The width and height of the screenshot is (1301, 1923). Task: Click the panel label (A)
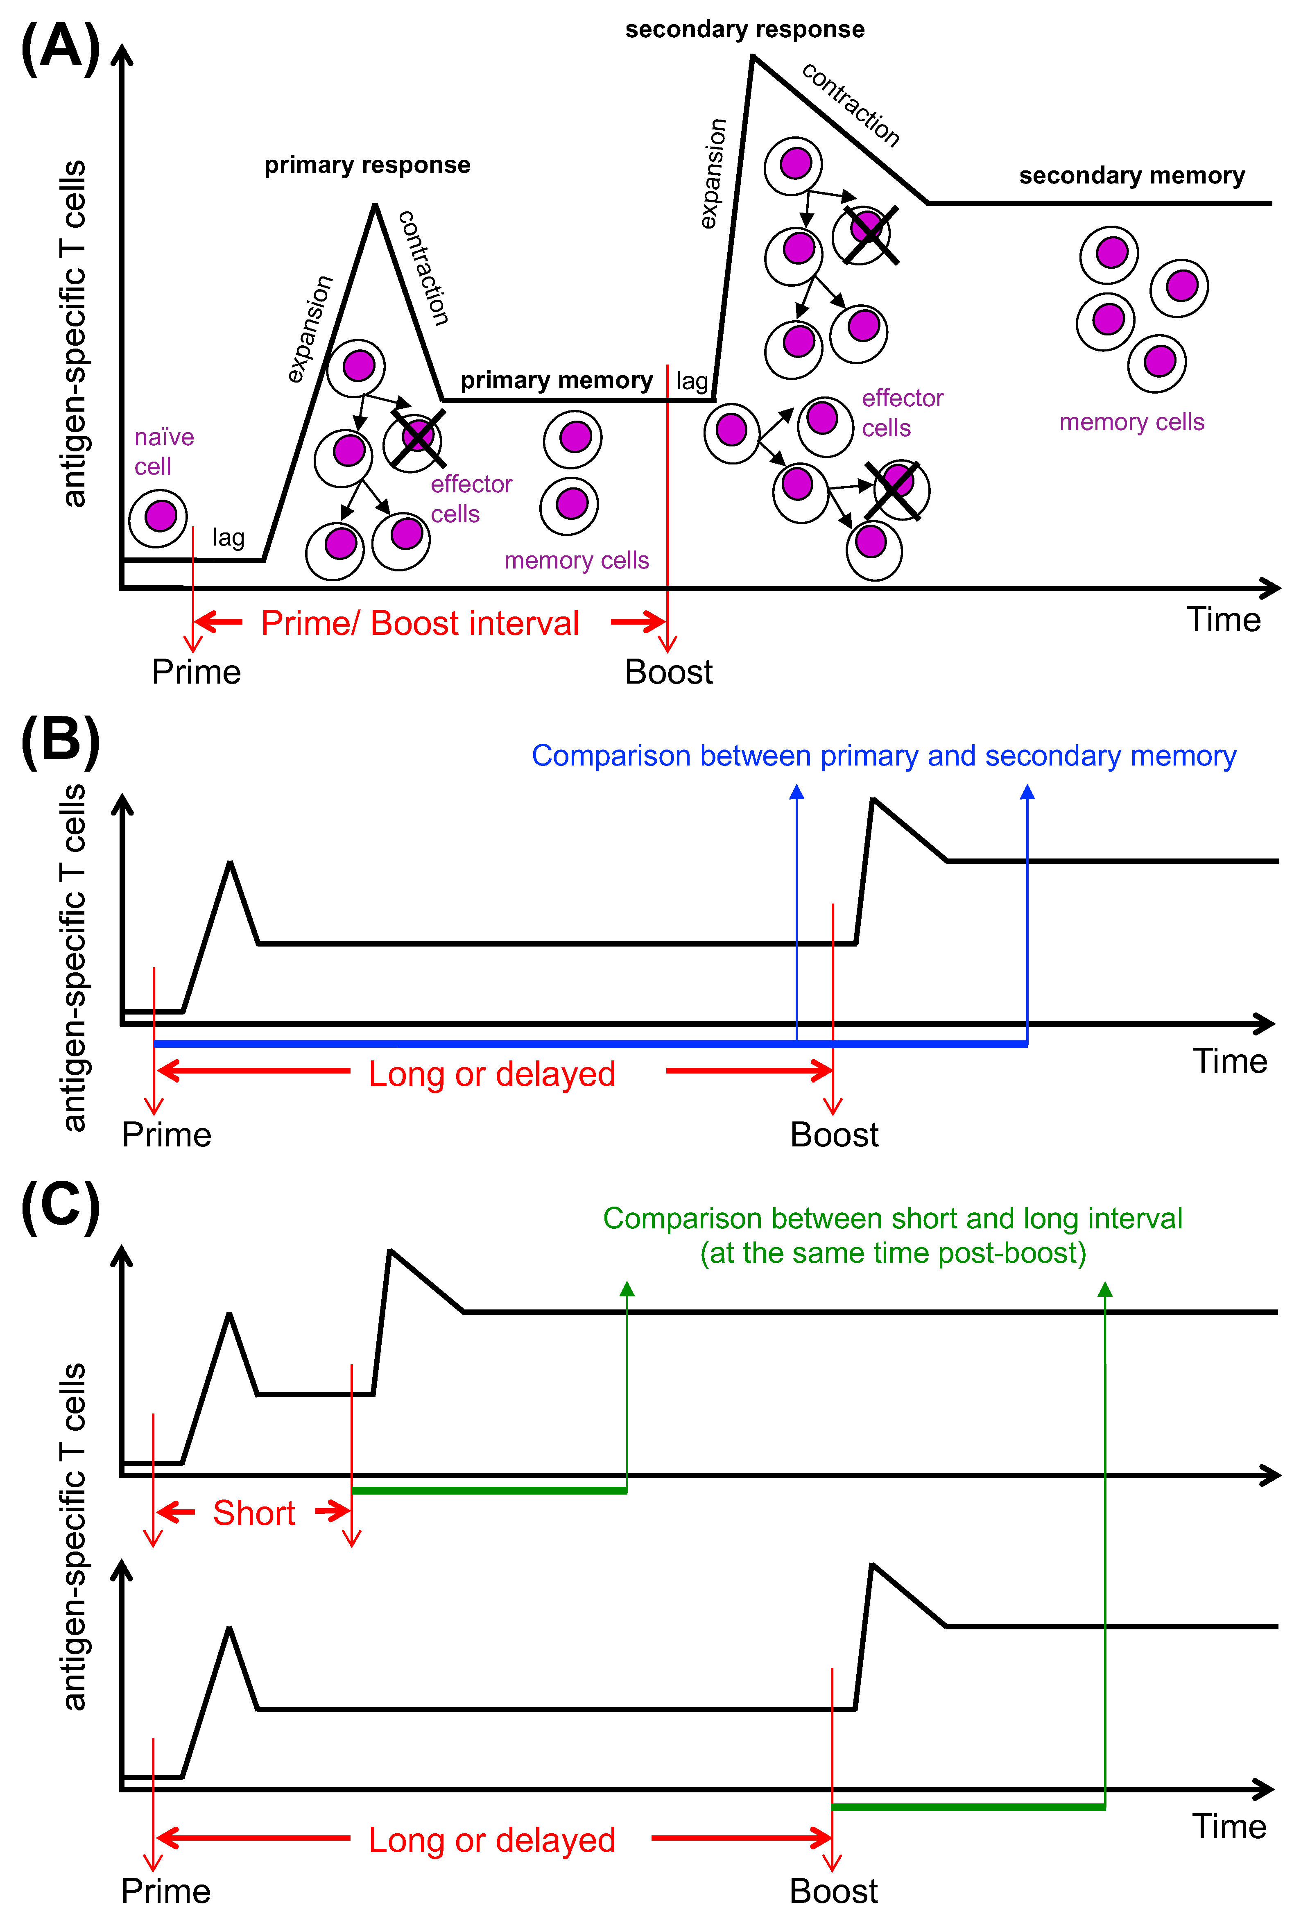[x=59, y=48]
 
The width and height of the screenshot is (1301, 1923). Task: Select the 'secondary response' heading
[x=744, y=30]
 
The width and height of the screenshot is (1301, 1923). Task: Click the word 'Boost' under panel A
[x=668, y=672]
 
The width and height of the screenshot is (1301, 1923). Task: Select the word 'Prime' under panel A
[x=196, y=672]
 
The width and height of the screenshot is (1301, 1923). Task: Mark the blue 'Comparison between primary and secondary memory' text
[x=883, y=755]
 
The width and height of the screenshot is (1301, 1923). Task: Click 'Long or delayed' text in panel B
[x=492, y=1074]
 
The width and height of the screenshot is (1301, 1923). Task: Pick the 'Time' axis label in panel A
[x=1223, y=620]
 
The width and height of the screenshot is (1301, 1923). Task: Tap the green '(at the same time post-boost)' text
[x=892, y=1253]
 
